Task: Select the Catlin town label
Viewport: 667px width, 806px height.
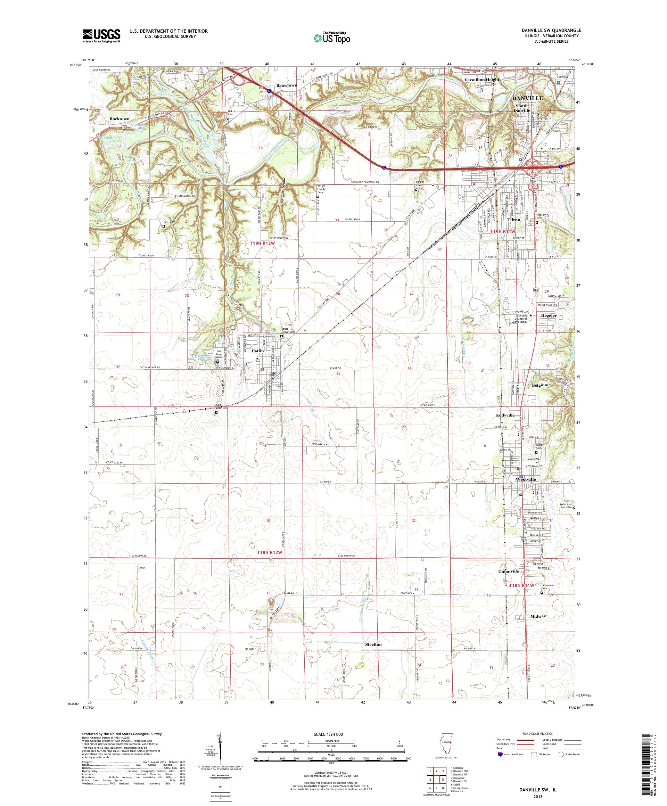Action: pyautogui.click(x=257, y=351)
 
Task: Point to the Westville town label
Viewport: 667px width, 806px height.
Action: pyautogui.click(x=525, y=479)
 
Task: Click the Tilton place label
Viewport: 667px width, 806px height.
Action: pyautogui.click(x=513, y=220)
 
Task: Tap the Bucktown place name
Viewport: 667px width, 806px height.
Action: pyautogui.click(x=120, y=119)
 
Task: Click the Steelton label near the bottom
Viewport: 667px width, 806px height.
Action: pyautogui.click(x=373, y=644)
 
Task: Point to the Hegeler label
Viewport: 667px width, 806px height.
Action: pyautogui.click(x=549, y=315)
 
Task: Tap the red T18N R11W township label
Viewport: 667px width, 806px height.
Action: pyautogui.click(x=521, y=585)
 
